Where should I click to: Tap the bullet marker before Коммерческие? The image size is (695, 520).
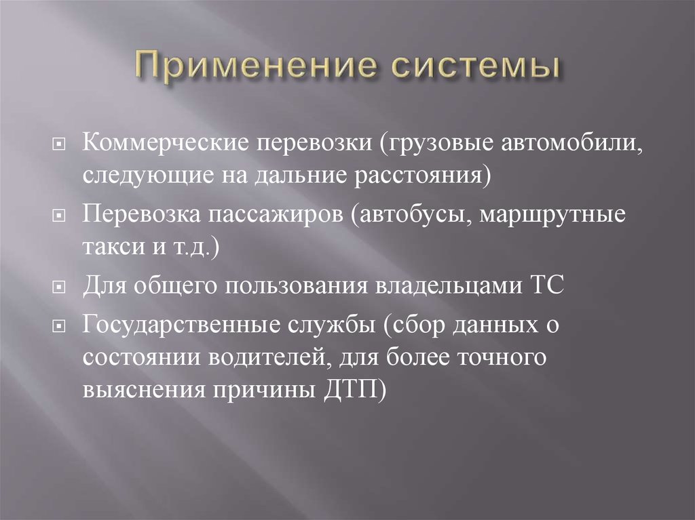point(60,144)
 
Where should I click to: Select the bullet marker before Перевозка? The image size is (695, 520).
point(60,215)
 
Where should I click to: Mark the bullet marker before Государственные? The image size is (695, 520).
point(60,325)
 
